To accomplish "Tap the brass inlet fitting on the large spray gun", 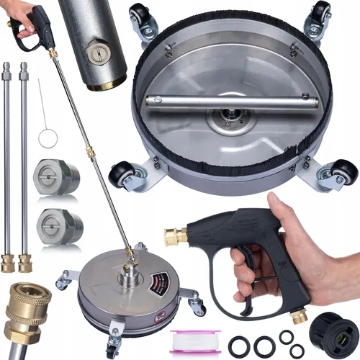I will point(175,235).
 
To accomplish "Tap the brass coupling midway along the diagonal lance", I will point(91,153).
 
